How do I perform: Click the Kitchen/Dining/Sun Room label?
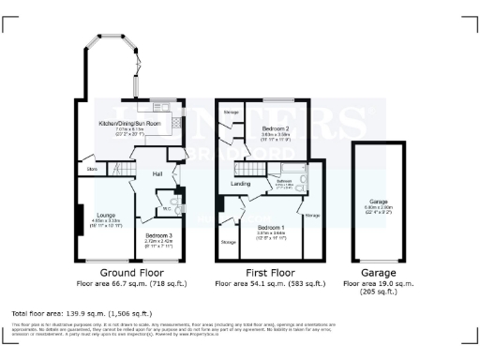tap(131, 123)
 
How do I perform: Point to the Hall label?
tap(158, 173)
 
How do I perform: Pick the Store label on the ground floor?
tap(93, 169)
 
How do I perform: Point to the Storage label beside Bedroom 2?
tap(231, 112)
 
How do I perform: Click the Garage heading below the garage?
tap(380, 272)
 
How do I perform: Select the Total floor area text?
tap(82, 312)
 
